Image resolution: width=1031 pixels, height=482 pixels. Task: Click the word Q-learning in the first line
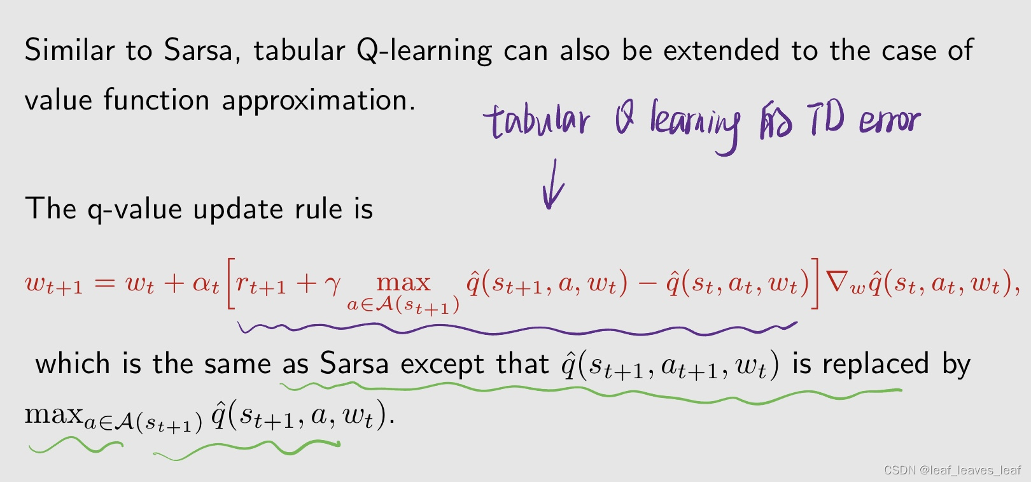[424, 51]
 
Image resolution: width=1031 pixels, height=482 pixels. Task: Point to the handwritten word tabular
[537, 121]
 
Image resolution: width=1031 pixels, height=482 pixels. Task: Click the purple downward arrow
[552, 185]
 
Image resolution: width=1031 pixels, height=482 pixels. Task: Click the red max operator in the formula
[403, 282]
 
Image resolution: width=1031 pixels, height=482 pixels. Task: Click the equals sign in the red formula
[104, 283]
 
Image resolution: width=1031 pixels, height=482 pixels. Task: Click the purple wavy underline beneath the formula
[515, 329]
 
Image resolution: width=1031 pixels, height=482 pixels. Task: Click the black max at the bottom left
[53, 415]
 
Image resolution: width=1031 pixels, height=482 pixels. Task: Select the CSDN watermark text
[951, 470]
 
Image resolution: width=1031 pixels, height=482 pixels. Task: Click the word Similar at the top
[69, 51]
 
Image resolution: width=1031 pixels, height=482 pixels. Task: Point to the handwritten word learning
[694, 124]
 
